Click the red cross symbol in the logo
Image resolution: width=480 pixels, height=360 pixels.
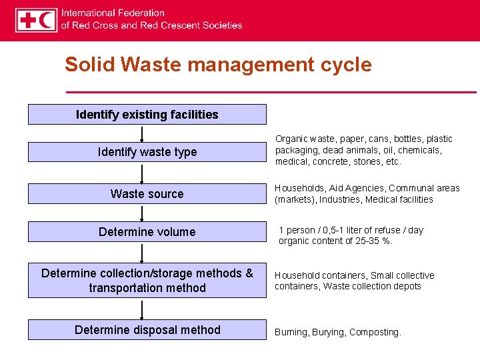click(x=28, y=20)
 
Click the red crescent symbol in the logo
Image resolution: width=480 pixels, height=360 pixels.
click(x=47, y=20)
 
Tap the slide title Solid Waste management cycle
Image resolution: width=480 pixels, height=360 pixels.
click(x=218, y=65)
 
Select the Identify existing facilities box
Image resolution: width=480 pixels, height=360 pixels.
click(x=147, y=115)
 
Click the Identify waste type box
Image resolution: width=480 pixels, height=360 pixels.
click(x=147, y=152)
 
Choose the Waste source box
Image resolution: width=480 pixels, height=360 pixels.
click(x=147, y=194)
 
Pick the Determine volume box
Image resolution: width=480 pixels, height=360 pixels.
click(x=147, y=232)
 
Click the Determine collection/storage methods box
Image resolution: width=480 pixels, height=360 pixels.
click(x=147, y=281)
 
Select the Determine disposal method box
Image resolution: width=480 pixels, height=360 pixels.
click(x=147, y=330)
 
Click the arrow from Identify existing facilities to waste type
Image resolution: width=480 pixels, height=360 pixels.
click(x=142, y=133)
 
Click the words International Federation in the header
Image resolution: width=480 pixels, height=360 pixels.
click(x=113, y=13)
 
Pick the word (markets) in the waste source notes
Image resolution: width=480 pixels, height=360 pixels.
click(x=296, y=199)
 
